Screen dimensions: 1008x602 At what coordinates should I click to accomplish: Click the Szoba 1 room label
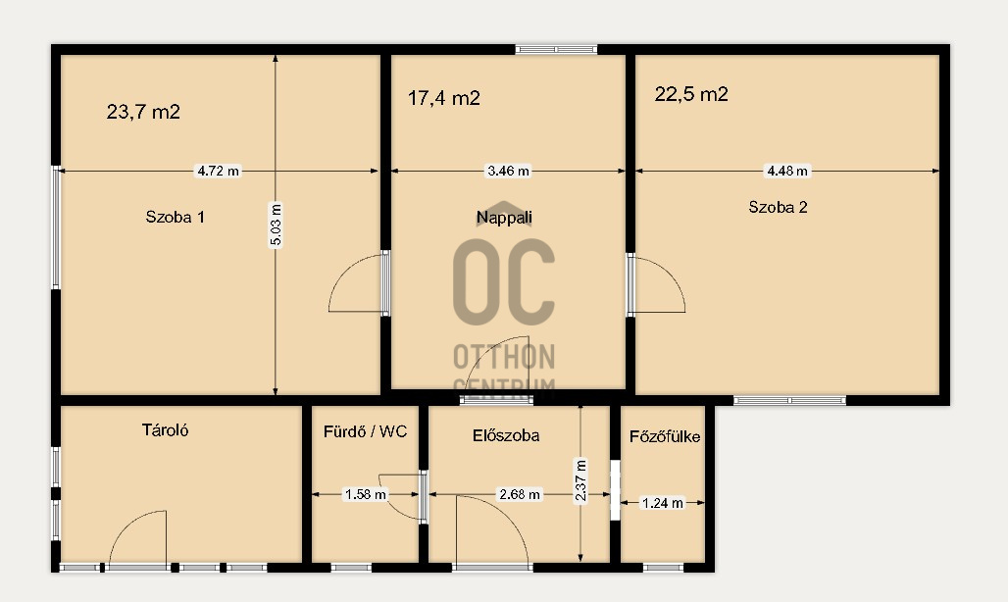[175, 217]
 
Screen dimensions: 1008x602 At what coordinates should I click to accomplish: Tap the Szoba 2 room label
[778, 207]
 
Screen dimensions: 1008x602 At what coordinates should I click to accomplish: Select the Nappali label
[504, 218]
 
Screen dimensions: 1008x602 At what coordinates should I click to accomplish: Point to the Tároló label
[165, 429]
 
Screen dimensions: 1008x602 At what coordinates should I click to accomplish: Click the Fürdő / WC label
[365, 431]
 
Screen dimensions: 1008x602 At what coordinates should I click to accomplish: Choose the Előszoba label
[506, 435]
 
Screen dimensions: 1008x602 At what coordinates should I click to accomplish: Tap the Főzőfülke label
[665, 437]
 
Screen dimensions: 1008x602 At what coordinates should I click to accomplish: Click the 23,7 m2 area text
[143, 112]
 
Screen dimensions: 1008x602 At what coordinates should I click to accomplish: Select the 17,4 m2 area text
[444, 98]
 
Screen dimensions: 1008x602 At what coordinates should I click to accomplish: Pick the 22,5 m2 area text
[691, 94]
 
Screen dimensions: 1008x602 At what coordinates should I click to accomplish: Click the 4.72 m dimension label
[218, 171]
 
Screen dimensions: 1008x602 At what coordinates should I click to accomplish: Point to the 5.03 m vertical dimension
[276, 225]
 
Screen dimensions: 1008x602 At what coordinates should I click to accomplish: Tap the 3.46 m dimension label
[509, 171]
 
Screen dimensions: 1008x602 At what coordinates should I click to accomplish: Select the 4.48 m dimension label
[787, 171]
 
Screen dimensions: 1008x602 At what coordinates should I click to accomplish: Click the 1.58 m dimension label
[366, 495]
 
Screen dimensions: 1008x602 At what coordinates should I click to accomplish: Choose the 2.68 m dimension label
[520, 495]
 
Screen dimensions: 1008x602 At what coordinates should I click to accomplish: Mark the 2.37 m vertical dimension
[580, 480]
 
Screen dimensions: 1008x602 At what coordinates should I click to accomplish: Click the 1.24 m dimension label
[663, 503]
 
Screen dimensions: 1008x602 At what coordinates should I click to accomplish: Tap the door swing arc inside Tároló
[125, 524]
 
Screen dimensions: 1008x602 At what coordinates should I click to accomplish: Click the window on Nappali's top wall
[556, 49]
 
